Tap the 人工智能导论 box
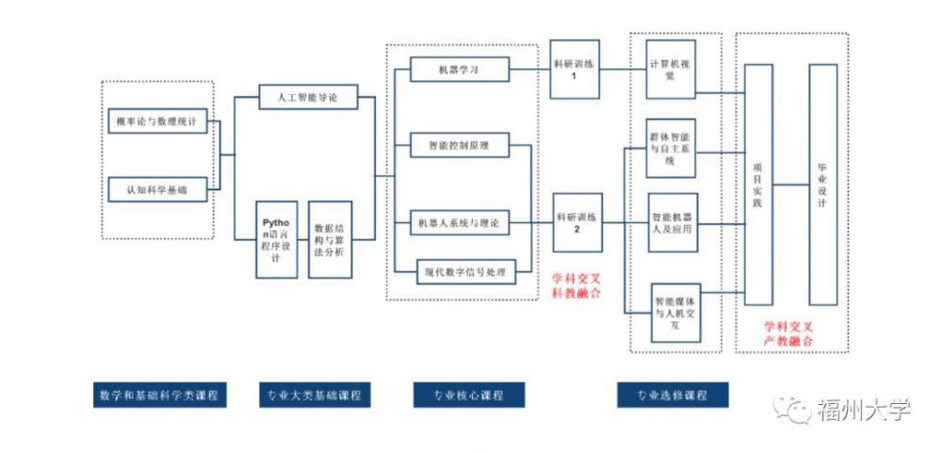pos(305,97)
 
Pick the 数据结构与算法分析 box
pos(330,239)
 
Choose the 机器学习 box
pos(460,70)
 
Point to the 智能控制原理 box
pos(460,146)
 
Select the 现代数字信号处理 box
pos(465,273)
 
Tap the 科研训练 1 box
pos(576,70)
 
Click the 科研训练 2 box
pos(576,222)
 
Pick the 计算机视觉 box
pos(671,70)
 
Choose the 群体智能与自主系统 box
pos(671,148)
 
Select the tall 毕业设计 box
pos(822,185)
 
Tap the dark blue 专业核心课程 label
pos(468,395)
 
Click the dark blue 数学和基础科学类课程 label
pos(158,395)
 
